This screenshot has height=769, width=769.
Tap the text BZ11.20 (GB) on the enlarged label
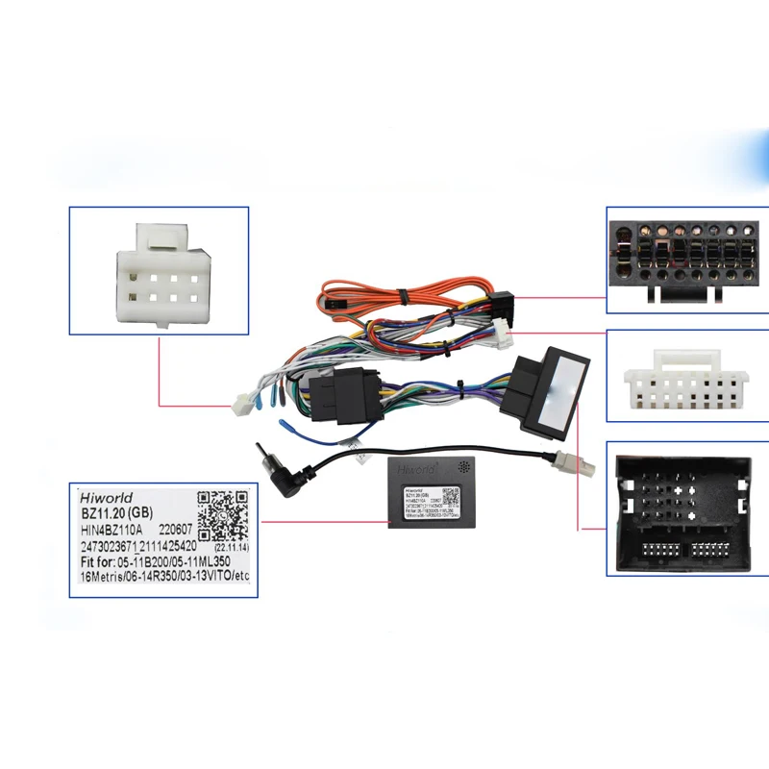point(116,512)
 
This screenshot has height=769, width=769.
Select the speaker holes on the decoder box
point(466,465)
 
